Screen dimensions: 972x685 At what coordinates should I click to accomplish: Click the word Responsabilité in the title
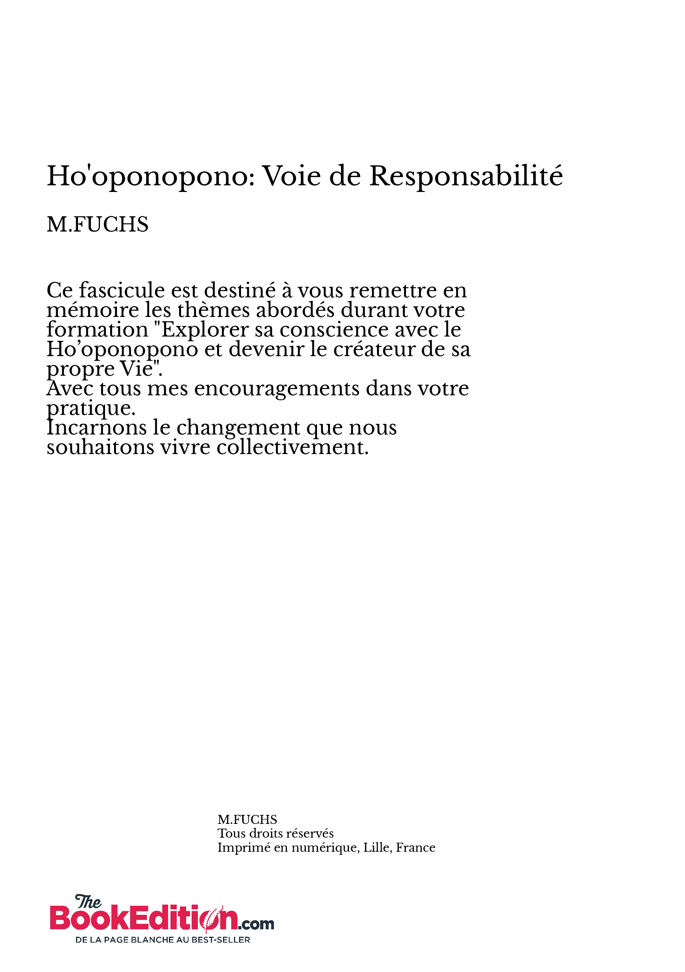coord(466,176)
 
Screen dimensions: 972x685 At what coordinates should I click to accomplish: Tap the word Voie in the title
coord(292,176)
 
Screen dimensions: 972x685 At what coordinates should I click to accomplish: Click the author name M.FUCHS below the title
coord(97,224)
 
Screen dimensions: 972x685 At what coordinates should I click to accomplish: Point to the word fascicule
coord(122,290)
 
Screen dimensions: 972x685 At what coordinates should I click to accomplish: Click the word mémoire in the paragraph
coord(93,310)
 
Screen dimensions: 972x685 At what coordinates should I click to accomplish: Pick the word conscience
coord(334,330)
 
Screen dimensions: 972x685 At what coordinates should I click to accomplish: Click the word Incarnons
coord(96,427)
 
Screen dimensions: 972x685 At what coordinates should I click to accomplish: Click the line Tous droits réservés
coord(275,833)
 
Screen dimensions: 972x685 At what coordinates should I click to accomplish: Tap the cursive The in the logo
coord(88,902)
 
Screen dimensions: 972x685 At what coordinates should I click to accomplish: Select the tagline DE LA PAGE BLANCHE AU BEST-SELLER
coord(163,939)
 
